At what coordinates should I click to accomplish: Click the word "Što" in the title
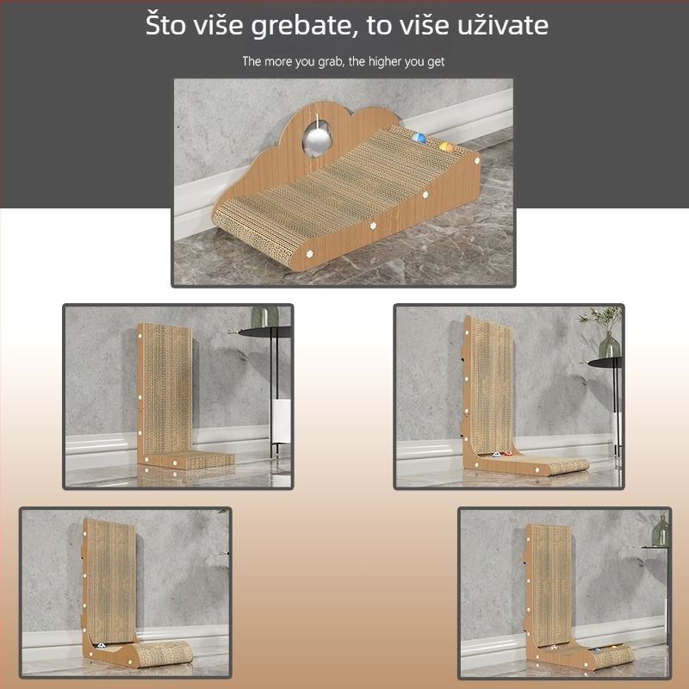(166, 25)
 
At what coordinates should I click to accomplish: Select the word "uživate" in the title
(503, 25)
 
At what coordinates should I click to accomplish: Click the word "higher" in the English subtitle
(386, 62)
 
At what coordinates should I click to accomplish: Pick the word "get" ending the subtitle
(435, 63)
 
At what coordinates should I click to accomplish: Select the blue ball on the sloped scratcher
(419, 137)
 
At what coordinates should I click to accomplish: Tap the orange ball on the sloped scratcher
(445, 147)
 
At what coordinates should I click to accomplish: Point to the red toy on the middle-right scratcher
(508, 453)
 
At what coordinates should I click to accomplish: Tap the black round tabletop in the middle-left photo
(264, 331)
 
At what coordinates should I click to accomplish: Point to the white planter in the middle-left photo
(280, 421)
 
